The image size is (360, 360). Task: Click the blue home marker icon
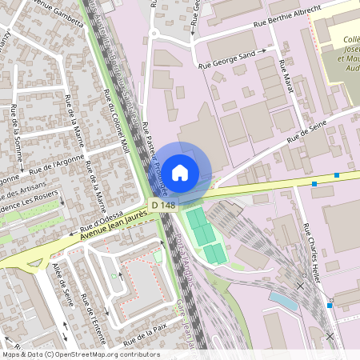[x=180, y=172]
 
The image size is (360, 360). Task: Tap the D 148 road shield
[x=162, y=206]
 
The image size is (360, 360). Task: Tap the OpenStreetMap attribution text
[x=80, y=354]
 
